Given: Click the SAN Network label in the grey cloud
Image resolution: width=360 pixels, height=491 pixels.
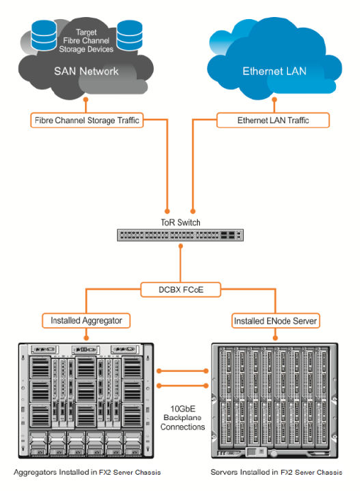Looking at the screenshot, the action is (86, 71).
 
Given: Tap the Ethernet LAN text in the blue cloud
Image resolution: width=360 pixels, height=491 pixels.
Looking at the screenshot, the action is (274, 71).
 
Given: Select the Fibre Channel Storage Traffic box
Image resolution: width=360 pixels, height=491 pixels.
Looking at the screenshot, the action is (86, 120).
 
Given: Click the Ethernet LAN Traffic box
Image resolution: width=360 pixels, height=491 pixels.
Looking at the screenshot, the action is (273, 120).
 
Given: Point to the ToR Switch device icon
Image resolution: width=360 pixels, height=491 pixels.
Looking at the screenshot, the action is (180, 235).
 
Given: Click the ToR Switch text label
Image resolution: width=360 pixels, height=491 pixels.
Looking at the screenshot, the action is (181, 222).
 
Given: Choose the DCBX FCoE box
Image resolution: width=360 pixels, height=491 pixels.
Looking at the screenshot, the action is (181, 290).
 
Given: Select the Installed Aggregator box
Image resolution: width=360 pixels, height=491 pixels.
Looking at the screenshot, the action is (86, 321).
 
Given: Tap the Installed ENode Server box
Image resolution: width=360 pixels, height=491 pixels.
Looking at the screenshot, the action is (276, 321).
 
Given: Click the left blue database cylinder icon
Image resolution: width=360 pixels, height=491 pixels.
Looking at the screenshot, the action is (44, 35).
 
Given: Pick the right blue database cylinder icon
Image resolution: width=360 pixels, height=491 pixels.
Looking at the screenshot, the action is (130, 35).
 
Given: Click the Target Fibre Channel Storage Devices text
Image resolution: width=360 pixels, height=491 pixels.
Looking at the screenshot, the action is (86, 40).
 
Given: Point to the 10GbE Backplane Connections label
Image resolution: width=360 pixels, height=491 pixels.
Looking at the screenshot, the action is (183, 418).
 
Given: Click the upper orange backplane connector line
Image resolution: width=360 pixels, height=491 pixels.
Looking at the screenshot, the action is (182, 371).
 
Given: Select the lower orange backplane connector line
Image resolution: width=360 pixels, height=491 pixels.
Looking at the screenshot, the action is (182, 385).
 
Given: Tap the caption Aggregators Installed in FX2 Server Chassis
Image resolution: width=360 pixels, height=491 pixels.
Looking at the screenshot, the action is (87, 472).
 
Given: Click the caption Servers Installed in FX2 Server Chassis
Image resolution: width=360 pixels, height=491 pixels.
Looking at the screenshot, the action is (276, 472).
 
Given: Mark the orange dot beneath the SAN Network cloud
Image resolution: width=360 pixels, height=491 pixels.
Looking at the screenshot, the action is (86, 100).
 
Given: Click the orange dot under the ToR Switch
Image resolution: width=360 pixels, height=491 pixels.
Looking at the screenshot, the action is (181, 246).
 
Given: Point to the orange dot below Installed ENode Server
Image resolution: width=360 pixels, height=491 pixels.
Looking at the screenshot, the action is (276, 338).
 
